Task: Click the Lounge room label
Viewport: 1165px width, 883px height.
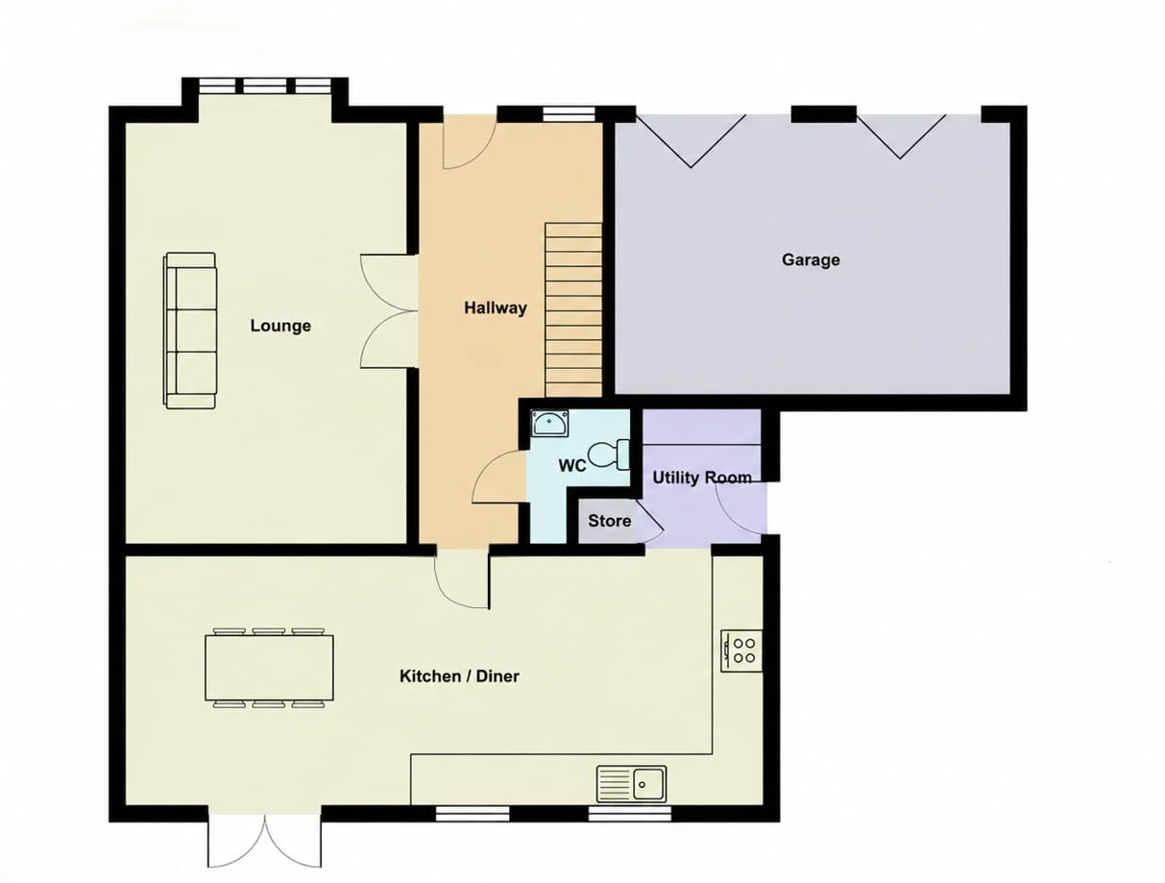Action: [x=280, y=326]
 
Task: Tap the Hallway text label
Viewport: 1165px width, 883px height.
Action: [x=496, y=308]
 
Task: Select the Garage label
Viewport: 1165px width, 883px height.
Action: [x=811, y=259]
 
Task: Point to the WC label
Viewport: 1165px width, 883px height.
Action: [x=572, y=466]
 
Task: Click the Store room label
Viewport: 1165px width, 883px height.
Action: [x=609, y=521]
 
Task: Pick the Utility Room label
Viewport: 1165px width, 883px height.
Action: [x=702, y=478]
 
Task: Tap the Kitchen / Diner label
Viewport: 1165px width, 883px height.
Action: [x=459, y=675]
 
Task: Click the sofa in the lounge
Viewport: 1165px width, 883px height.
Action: [x=190, y=331]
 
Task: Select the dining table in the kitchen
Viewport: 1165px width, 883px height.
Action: [x=269, y=668]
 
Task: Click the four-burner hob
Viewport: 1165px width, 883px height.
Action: [x=741, y=651]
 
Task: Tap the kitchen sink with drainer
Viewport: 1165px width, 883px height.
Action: [x=631, y=784]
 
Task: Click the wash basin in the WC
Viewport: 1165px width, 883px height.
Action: [x=550, y=423]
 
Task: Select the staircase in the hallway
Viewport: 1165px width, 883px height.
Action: [x=573, y=309]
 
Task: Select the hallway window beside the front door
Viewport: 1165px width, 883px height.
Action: [x=569, y=114]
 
